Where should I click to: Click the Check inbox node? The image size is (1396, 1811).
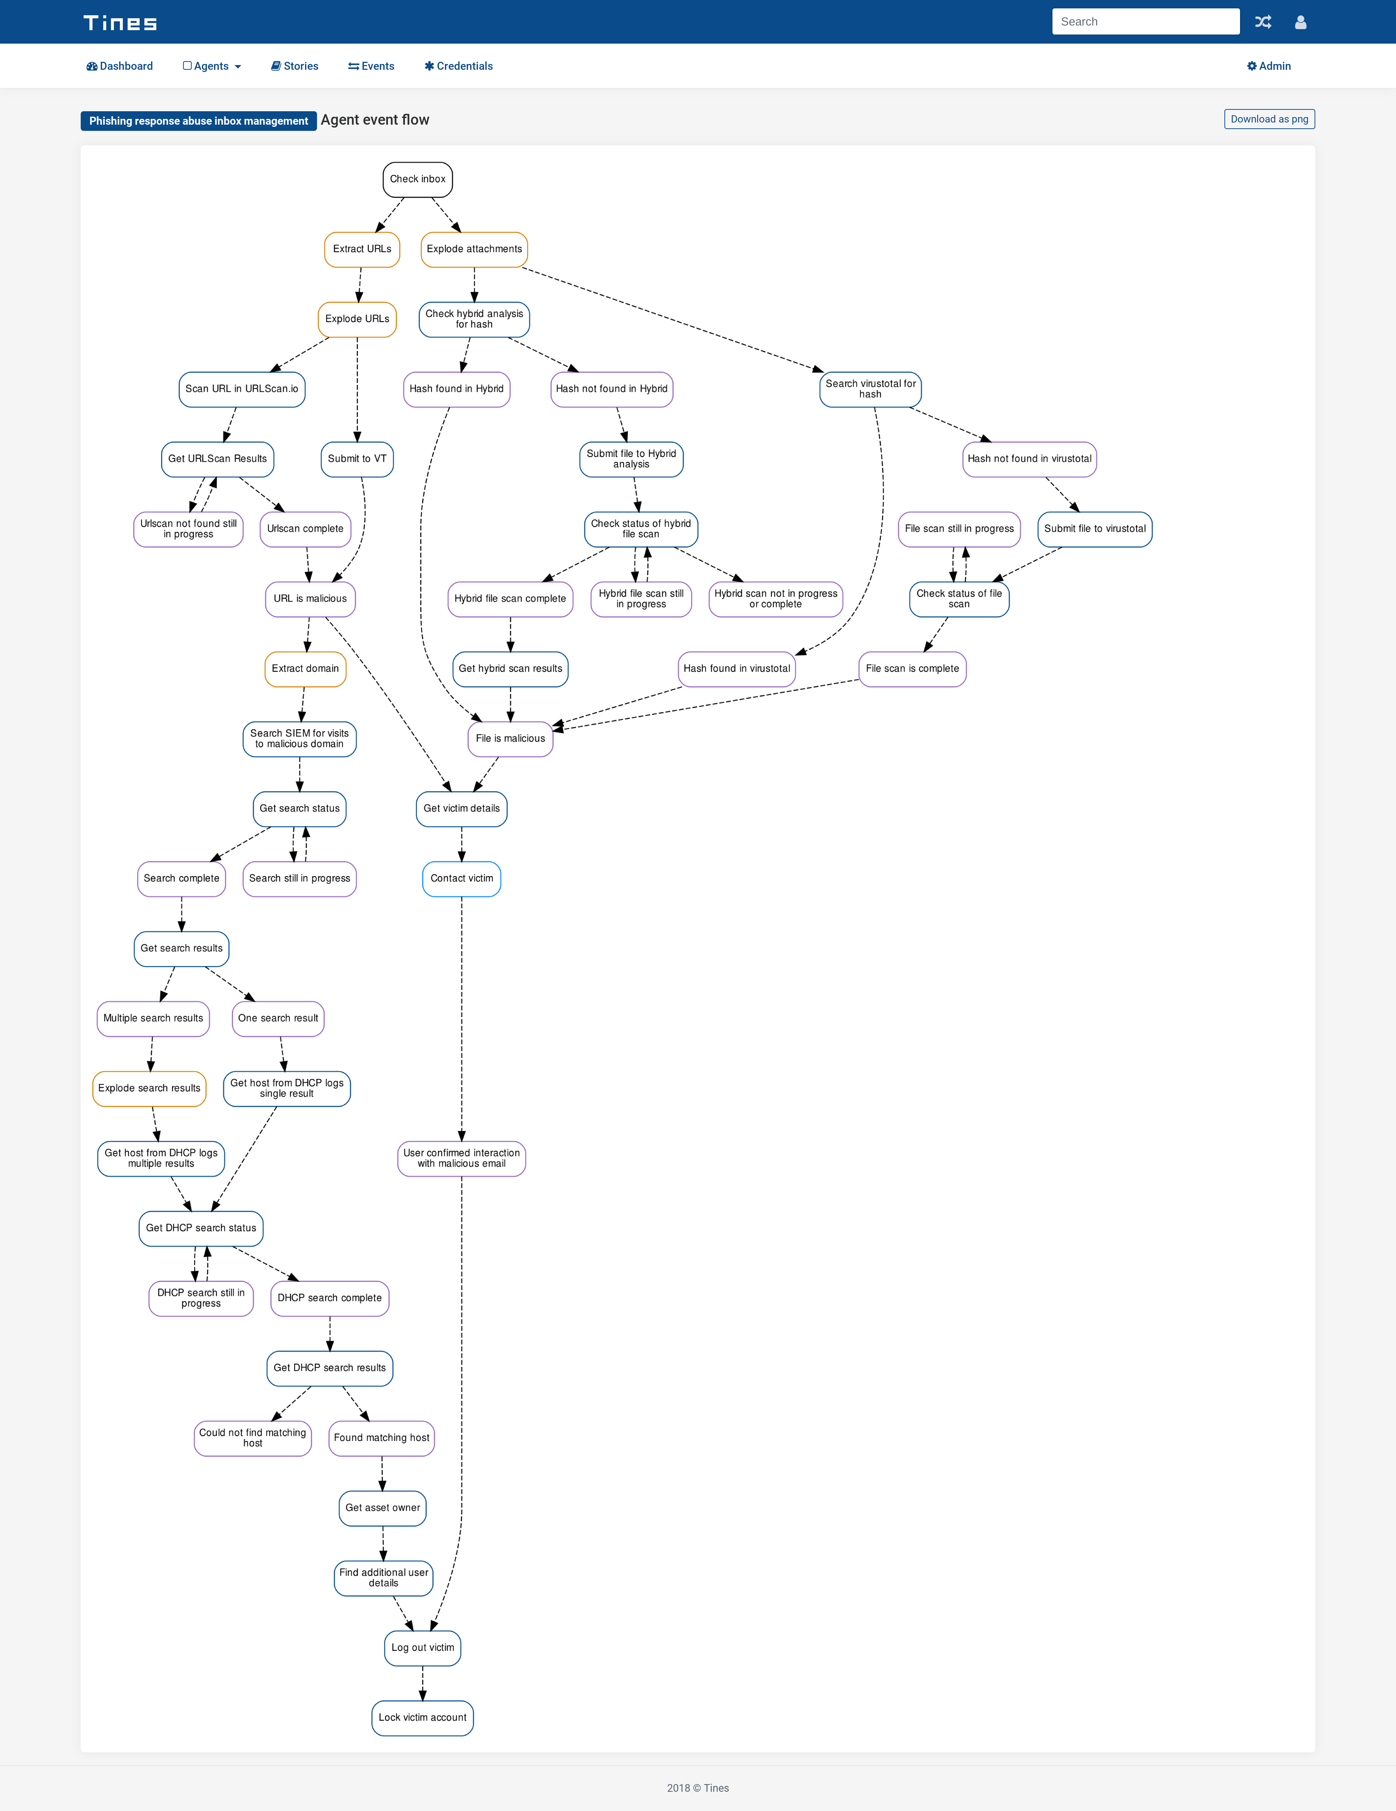pos(417,179)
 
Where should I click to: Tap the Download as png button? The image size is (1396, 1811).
pos(1269,119)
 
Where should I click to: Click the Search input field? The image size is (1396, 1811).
pos(1146,21)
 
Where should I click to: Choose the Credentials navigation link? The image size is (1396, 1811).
pos(459,66)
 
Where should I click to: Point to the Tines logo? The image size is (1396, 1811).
pos(120,23)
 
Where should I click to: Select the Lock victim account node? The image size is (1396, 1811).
pos(422,1717)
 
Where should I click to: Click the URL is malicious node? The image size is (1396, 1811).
pos(310,599)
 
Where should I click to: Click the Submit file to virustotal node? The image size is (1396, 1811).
pos(1095,529)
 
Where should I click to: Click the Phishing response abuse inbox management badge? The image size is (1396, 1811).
pos(198,121)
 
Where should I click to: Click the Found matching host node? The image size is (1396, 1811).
pos(382,1438)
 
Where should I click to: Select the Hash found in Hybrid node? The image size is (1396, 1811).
pos(456,389)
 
